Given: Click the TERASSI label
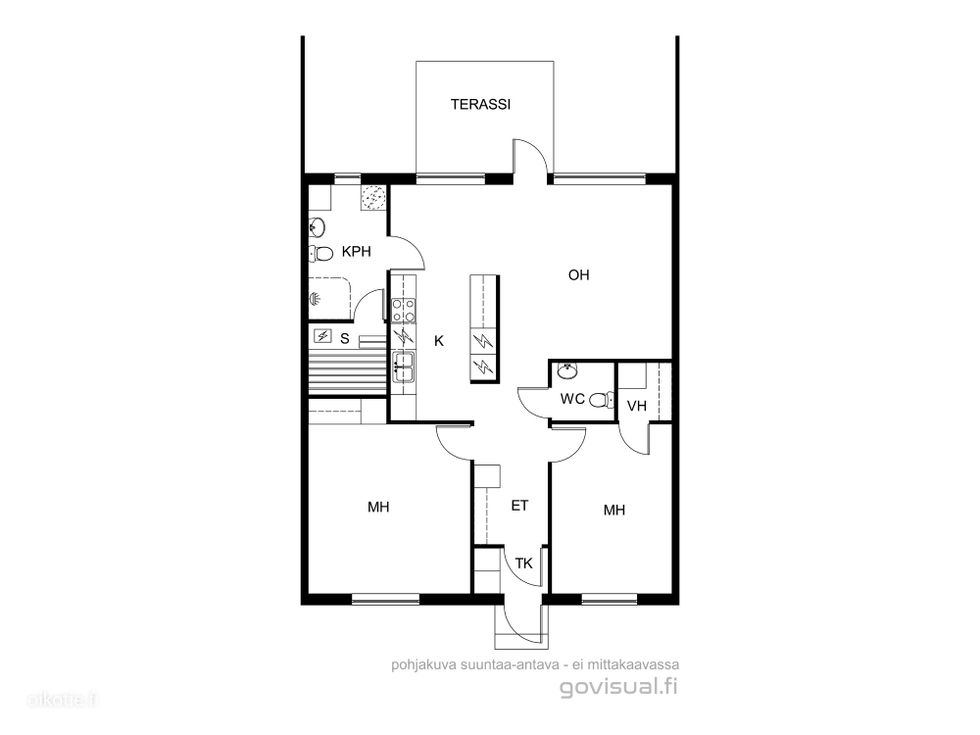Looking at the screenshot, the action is coord(481,104).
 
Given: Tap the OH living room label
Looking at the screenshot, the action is coord(579,275).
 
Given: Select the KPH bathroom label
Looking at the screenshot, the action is coord(356,252).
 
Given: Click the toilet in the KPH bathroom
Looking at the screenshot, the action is coord(321,254).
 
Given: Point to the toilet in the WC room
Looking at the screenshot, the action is coord(601,399).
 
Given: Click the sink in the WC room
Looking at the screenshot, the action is coord(568,370).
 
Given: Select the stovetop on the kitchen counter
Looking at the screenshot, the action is coord(403,309).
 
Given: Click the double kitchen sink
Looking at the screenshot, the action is coord(403,366).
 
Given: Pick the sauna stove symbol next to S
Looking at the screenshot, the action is coord(322,336).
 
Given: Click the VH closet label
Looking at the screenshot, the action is coord(636,406).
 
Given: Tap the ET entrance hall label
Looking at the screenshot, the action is coord(520,506).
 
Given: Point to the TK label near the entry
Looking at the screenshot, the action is coord(524,563).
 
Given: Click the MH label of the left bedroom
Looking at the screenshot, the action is coord(378,507).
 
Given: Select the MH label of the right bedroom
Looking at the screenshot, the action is coord(614,510).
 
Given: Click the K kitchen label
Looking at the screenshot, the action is coord(439,341).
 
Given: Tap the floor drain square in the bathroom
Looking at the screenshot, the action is coord(374,198).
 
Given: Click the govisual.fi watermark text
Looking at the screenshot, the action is coord(619,688).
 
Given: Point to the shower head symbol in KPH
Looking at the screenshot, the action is coord(316,299).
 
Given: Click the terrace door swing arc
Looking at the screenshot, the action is coord(534,150).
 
